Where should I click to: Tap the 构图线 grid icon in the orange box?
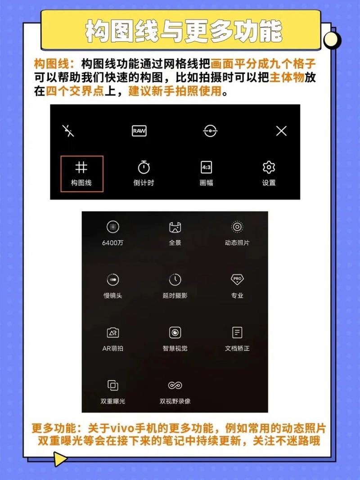81,168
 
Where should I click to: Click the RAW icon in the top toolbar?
139,131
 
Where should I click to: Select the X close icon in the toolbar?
281,131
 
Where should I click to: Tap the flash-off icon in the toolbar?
68,131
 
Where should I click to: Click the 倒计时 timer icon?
144,168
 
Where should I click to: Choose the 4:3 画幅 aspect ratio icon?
207,168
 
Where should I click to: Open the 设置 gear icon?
269,168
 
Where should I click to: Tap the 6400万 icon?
112,227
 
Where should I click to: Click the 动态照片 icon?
237,227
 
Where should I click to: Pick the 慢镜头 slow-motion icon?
112,280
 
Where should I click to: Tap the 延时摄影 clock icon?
175,280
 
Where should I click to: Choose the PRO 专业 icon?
237,279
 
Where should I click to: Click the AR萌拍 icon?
112,333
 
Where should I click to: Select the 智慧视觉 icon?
175,332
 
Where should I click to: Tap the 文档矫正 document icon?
237,332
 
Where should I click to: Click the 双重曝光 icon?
112,385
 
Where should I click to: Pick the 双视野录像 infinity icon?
175,385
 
